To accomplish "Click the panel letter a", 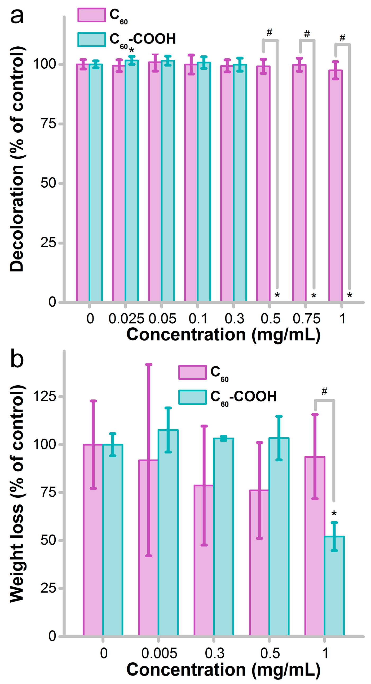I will [17, 16].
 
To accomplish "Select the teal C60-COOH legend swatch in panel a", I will [92, 39].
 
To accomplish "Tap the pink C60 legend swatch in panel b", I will [192, 372].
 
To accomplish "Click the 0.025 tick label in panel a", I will [126, 319].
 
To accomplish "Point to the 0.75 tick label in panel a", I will [306, 319].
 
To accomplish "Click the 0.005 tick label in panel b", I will [159, 653].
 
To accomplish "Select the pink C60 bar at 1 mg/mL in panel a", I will [335, 186].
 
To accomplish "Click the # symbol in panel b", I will [324, 391].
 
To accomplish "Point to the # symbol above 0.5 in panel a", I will [269, 33].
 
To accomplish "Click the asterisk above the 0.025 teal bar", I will [131, 50].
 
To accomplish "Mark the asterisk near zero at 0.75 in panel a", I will [314, 295].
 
